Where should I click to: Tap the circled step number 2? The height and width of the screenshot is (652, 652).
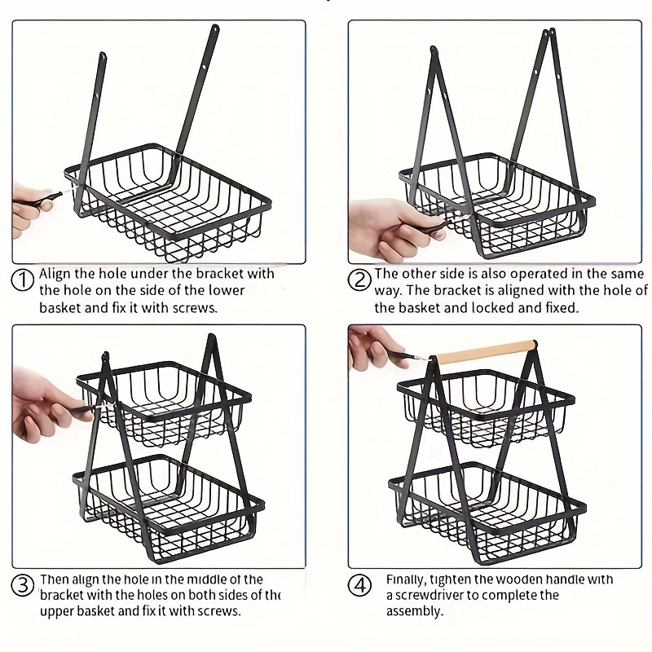pos(359,280)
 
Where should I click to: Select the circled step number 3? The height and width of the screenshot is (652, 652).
pos(24,584)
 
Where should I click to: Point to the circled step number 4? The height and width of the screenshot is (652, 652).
pos(359,584)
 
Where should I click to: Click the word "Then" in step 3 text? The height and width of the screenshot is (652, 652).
pos(55,579)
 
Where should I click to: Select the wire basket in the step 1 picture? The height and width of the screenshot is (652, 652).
pos(163,196)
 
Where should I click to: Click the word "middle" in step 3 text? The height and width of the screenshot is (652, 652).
pos(198,579)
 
